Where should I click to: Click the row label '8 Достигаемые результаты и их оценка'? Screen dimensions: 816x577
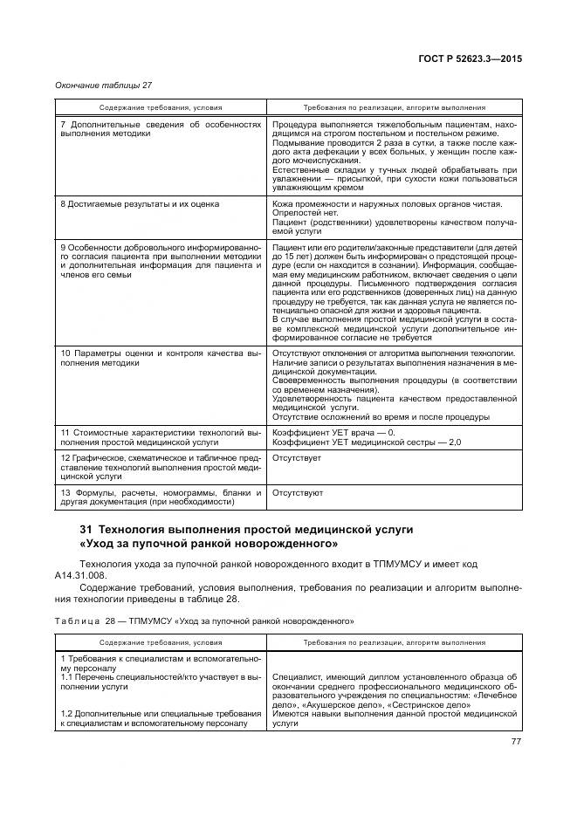(x=139, y=203)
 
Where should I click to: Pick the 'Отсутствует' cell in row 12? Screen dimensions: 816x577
(x=297, y=457)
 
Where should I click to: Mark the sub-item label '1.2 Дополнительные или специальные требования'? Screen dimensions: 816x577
(x=161, y=713)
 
